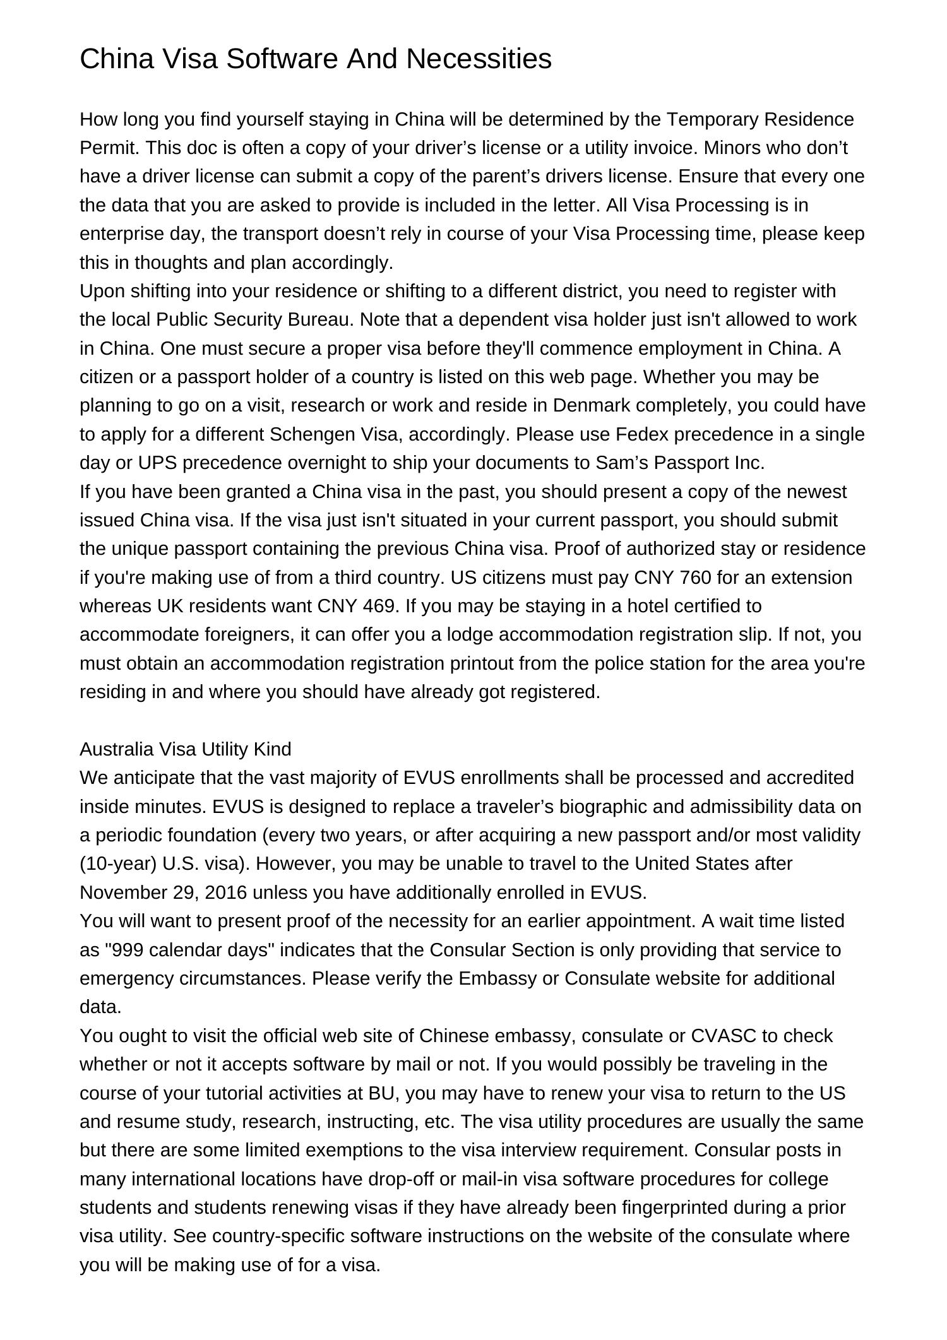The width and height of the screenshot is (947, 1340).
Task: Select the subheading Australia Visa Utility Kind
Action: click(185, 749)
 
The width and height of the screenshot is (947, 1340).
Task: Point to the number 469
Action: click(381, 606)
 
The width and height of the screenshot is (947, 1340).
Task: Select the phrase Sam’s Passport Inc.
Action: click(680, 463)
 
